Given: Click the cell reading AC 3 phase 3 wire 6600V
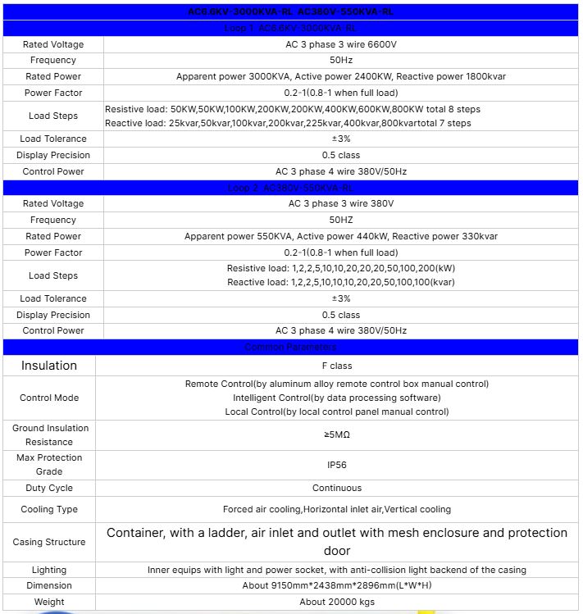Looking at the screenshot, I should coord(340,44).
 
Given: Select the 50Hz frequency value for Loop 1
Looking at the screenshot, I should coord(340,60).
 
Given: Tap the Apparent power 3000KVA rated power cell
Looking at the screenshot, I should coord(340,76).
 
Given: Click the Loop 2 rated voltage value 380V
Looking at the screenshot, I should coord(340,203).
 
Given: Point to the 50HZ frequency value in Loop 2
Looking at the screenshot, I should coord(340,220).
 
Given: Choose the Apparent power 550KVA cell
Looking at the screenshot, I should coord(340,236).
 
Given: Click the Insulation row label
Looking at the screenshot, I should coord(49,366).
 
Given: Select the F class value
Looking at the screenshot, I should coord(340,366).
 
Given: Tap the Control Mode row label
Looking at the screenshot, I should coord(49,398).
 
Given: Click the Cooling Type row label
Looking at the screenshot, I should coord(49,509).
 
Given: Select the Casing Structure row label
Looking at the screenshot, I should coord(49,542).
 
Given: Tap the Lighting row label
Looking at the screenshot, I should coord(49,570).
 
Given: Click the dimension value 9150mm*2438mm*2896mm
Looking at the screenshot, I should coord(340,585).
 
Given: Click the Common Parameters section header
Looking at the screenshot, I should coord(291,348).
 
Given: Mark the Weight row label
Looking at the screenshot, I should coord(49,602).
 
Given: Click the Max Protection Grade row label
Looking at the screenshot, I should coord(49,464).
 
